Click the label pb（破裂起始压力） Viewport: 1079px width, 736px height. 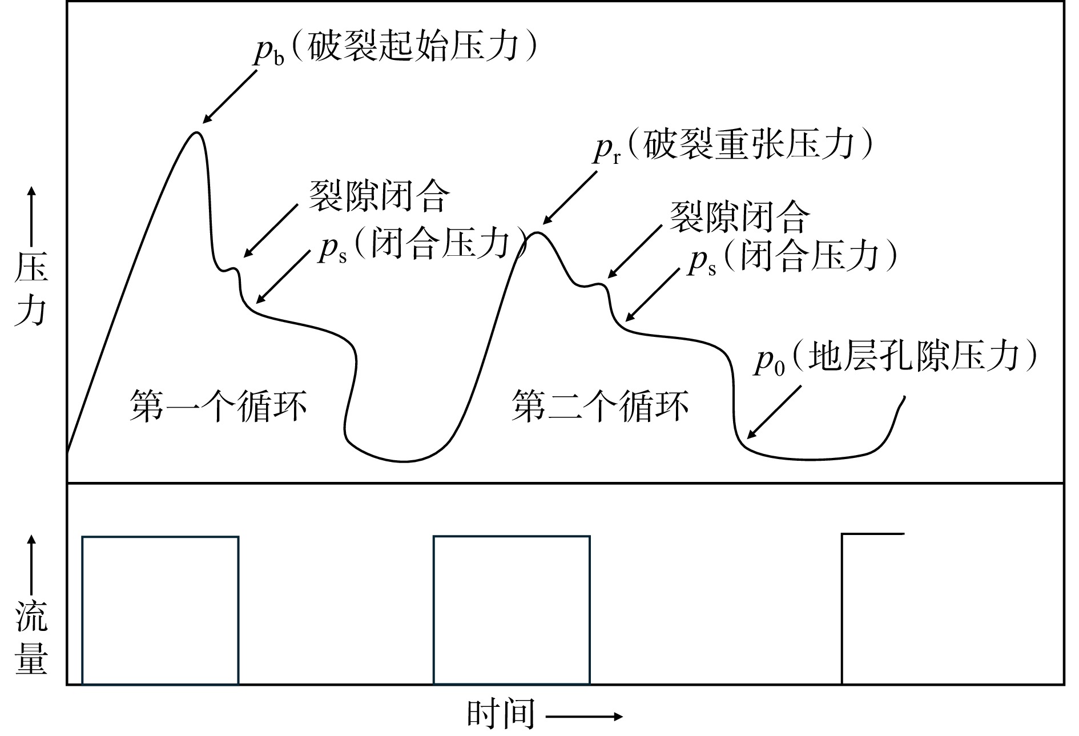(x=396, y=50)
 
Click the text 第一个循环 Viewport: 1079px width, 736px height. (x=218, y=406)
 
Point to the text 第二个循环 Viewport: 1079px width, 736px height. (x=599, y=406)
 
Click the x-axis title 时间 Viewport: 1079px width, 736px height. (x=501, y=714)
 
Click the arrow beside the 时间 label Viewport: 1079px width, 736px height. (x=583, y=716)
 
